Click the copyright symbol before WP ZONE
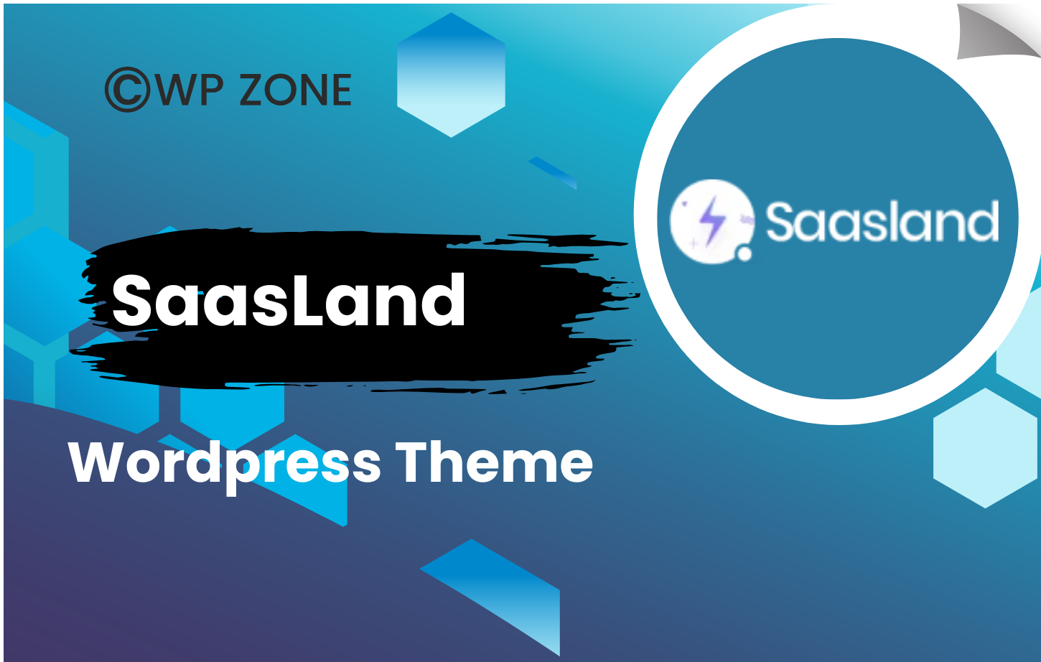(128, 90)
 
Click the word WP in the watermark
(189, 90)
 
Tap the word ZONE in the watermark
(296, 90)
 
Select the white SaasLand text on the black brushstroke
(288, 300)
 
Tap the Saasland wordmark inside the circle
(882, 221)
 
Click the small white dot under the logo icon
(744, 254)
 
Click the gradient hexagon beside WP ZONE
(451, 75)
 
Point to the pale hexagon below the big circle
(985, 448)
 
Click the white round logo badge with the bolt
(712, 221)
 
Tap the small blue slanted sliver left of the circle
(552, 172)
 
